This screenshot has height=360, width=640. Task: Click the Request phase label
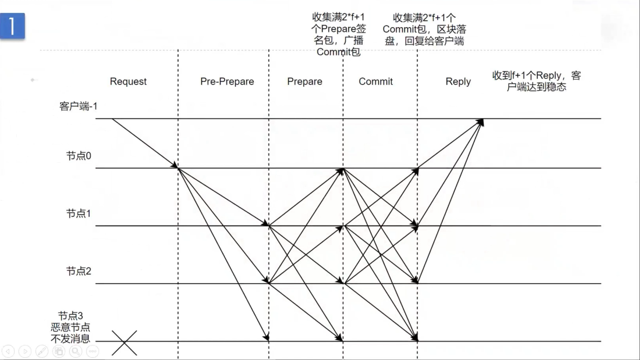tap(128, 82)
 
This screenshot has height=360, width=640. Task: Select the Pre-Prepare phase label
tap(227, 82)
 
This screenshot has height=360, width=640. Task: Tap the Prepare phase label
tap(304, 82)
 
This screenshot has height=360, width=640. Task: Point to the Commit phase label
tap(376, 82)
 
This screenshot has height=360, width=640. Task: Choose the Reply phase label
tap(458, 82)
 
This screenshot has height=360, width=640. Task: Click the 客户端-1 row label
tap(78, 107)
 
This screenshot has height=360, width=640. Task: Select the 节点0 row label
tap(79, 156)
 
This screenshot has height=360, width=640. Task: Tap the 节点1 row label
tap(79, 213)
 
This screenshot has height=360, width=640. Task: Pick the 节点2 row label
tap(79, 271)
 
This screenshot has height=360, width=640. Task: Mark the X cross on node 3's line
tap(124, 342)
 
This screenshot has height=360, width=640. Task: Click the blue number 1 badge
tap(12, 26)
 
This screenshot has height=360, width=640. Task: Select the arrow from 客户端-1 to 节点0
tap(145, 144)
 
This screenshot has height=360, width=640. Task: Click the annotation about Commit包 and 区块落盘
tap(424, 29)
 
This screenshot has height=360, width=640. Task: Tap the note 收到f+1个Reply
tap(536, 81)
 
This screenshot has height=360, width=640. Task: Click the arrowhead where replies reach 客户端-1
tap(481, 121)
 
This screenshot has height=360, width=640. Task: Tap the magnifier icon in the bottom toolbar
tap(75, 351)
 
